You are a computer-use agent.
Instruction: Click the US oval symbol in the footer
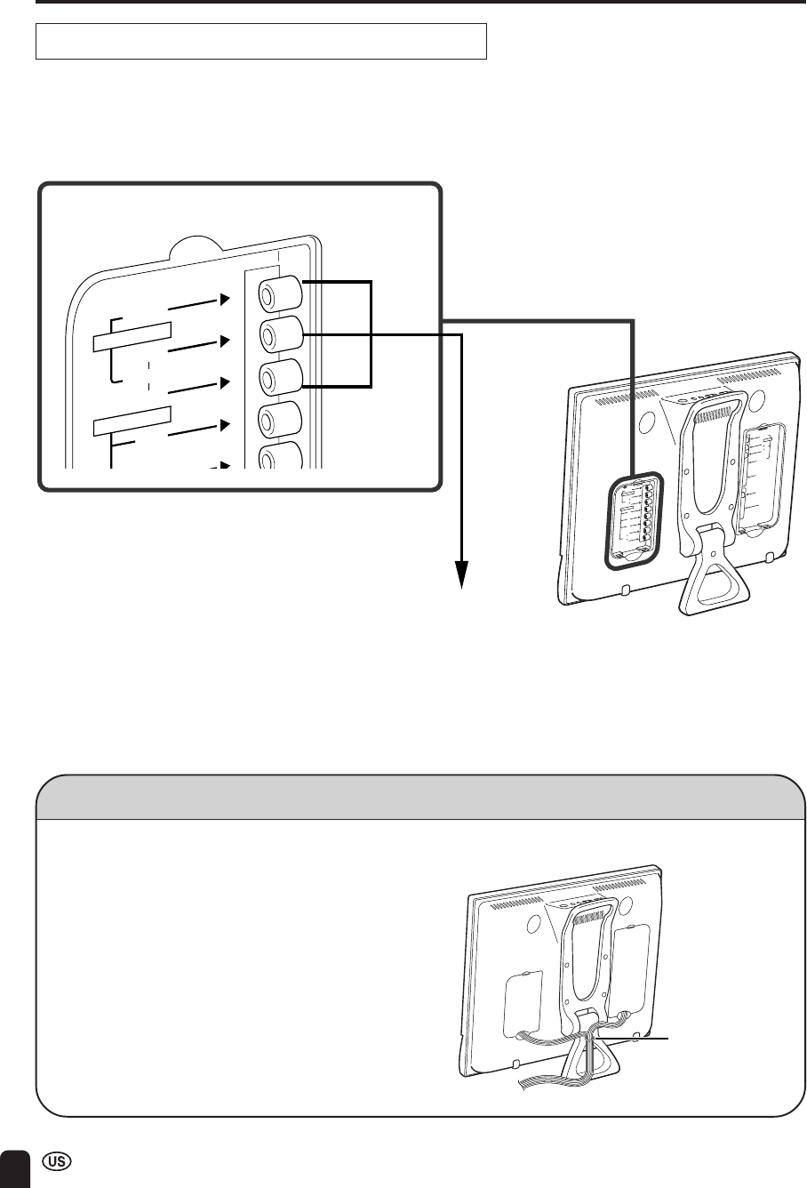pos(57,1161)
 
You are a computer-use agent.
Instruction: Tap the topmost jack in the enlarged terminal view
pos(280,294)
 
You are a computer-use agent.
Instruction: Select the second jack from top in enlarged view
pos(280,335)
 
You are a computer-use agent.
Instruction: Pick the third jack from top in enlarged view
pos(280,377)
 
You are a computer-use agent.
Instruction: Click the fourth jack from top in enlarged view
pos(280,420)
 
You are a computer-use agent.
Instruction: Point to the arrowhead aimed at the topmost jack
pos(226,300)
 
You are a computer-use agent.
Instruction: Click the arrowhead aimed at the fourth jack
pos(226,425)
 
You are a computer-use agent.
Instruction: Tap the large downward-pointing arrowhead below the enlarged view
pos(462,574)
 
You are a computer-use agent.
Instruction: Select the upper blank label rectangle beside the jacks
pos(132,337)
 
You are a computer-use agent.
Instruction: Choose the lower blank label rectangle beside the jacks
pos(132,421)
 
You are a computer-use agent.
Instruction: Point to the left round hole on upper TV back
pos(646,421)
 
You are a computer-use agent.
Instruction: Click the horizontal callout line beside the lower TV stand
pos(633,1037)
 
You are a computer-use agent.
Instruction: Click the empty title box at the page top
pos(261,41)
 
